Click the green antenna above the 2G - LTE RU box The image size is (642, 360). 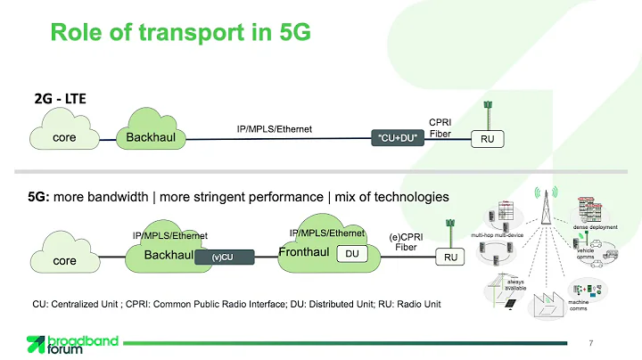[x=488, y=112]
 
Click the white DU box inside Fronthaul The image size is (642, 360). [x=351, y=254]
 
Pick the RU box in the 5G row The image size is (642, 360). [x=450, y=258]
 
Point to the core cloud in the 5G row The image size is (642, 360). [x=65, y=259]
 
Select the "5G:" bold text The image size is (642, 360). [x=38, y=195]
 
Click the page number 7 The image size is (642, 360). [x=592, y=343]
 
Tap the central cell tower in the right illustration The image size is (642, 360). [x=547, y=223]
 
